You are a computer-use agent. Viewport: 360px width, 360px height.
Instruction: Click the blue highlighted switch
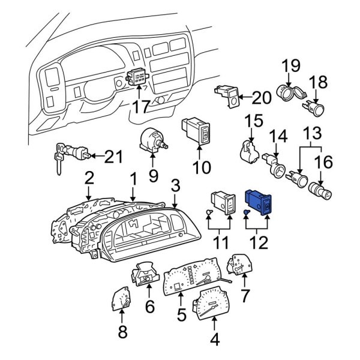[260, 202]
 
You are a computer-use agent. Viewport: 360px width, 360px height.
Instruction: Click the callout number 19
[290, 65]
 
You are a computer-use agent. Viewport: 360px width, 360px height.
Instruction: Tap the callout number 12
[259, 244]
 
